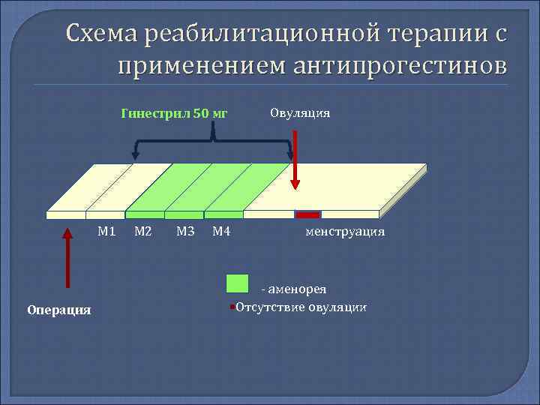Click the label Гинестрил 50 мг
173,114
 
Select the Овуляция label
300,113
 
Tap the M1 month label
106,231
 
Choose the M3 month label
185,231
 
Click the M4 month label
221,231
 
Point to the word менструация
344,232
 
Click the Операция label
58,310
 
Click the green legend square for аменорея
237,283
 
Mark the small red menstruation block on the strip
307,214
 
